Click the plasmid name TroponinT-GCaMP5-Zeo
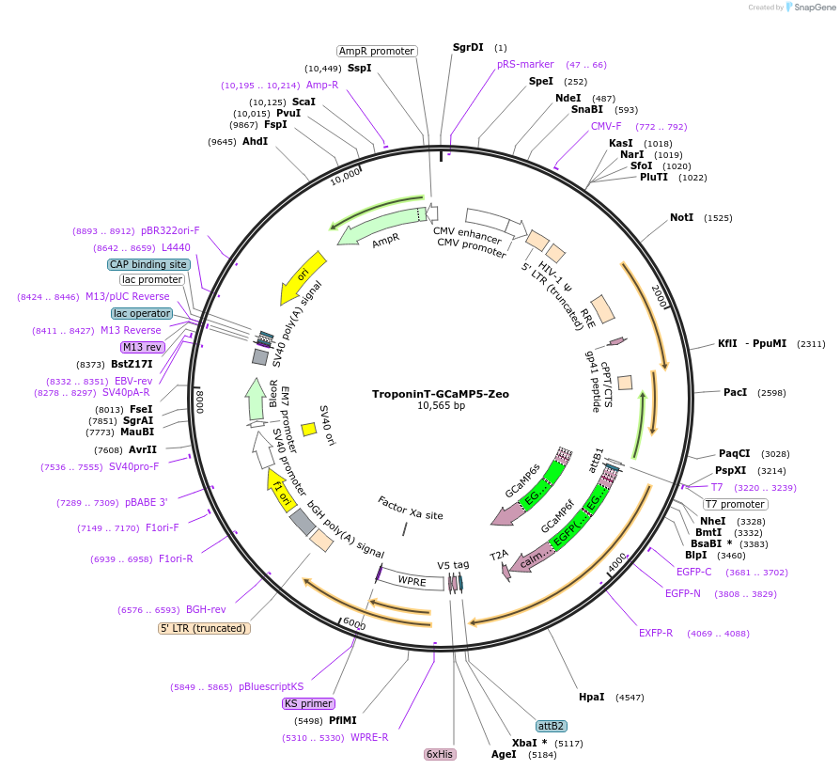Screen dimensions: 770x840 (440, 394)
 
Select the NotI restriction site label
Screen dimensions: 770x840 (681, 217)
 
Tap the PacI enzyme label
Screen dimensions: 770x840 (735, 392)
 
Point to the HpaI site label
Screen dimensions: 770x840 (592, 697)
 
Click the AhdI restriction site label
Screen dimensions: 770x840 (255, 141)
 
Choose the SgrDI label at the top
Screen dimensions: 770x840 (468, 47)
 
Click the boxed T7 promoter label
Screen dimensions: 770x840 (735, 504)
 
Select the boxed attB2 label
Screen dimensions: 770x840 (551, 726)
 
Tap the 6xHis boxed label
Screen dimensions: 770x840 (440, 754)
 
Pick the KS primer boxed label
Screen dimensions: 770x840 (308, 703)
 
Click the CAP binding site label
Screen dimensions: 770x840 (148, 264)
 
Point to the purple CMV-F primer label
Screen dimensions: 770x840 (606, 126)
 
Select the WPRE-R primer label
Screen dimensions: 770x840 (369, 737)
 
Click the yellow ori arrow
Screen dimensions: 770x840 (303, 277)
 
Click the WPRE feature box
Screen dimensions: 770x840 (411, 582)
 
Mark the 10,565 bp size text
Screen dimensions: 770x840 (440, 406)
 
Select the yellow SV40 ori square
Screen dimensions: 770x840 (308, 429)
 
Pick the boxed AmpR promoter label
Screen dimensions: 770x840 (377, 51)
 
